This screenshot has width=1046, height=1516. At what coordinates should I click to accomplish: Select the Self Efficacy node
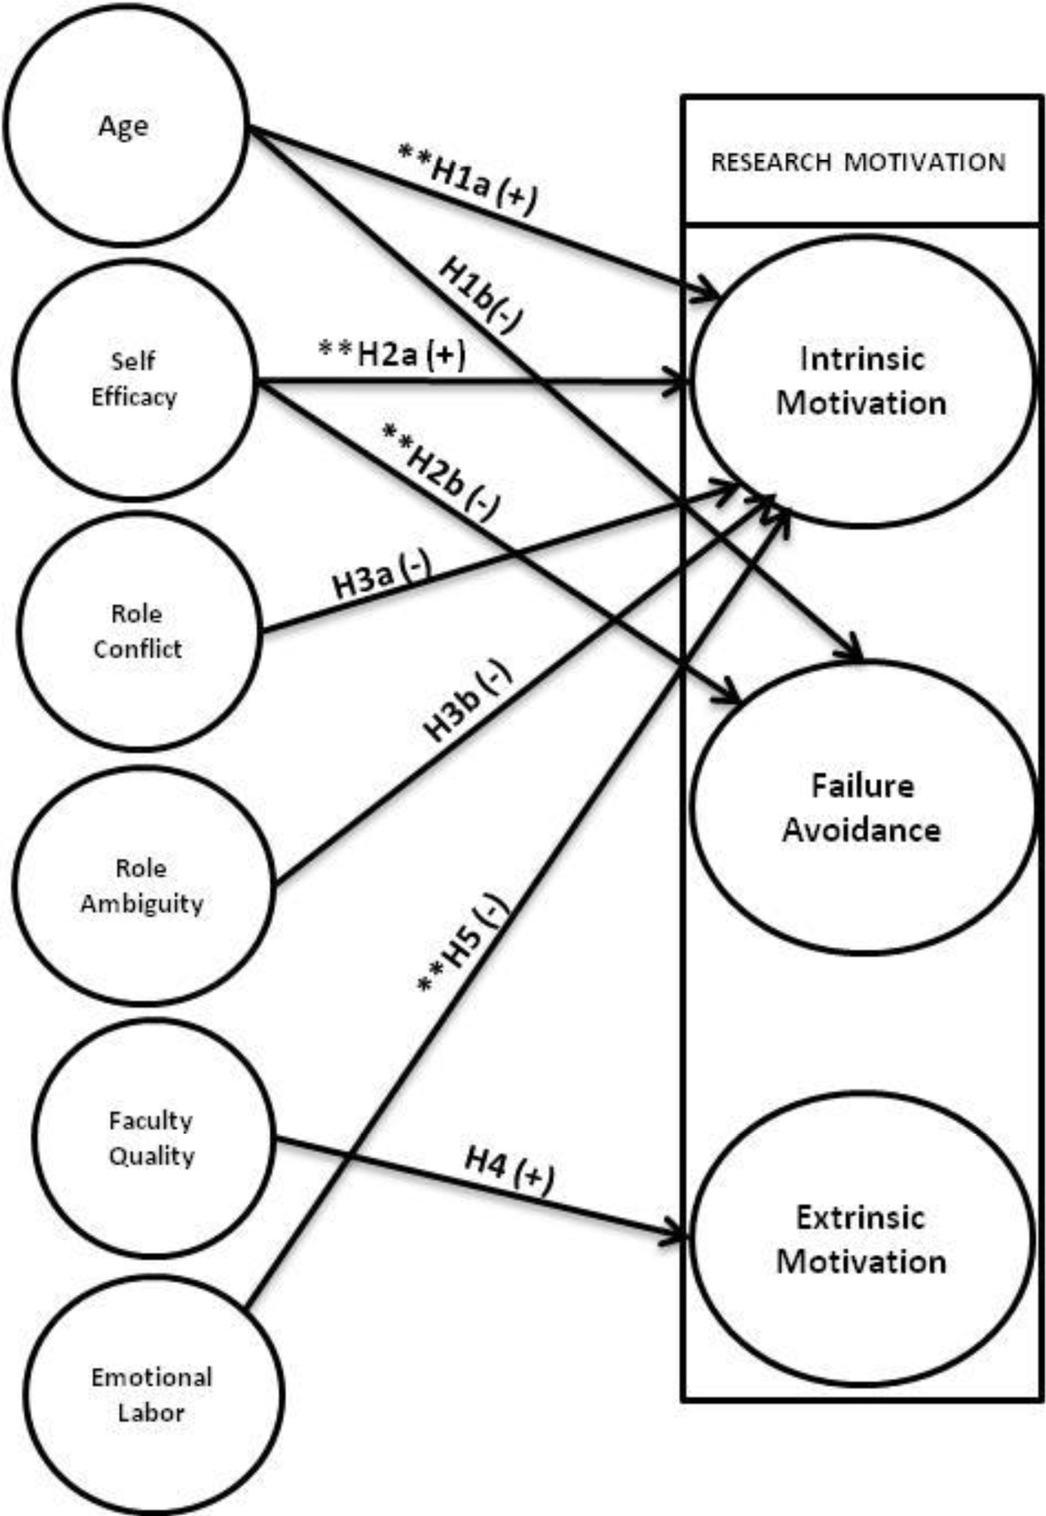pyautogui.click(x=134, y=378)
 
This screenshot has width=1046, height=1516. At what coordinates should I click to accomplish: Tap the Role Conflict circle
pyautogui.click(x=137, y=631)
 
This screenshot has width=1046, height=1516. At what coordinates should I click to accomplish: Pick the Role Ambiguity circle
pyautogui.click(x=142, y=885)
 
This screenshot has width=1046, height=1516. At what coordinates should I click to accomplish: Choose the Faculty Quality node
pyautogui.click(x=151, y=1138)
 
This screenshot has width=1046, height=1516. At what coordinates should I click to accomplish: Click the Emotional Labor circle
pyautogui.click(x=151, y=1394)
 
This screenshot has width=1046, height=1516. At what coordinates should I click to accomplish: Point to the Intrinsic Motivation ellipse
pyautogui.click(x=860, y=381)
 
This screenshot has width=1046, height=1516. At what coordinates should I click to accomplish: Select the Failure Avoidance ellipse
pyautogui.click(x=860, y=808)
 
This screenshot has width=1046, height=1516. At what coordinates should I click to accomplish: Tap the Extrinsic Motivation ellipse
pyautogui.click(x=860, y=1239)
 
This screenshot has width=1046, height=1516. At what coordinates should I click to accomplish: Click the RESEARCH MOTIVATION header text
pyautogui.click(x=858, y=163)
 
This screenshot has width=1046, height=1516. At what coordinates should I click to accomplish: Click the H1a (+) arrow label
pyautogui.click(x=468, y=178)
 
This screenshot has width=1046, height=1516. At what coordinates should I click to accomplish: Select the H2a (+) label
pyautogui.click(x=392, y=353)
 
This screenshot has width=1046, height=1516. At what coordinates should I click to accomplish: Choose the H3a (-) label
pyautogui.click(x=381, y=577)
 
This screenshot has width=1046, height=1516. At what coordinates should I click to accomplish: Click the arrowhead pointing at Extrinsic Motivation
pyautogui.click(x=679, y=1236)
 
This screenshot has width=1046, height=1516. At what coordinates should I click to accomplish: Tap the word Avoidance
pyautogui.click(x=860, y=830)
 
